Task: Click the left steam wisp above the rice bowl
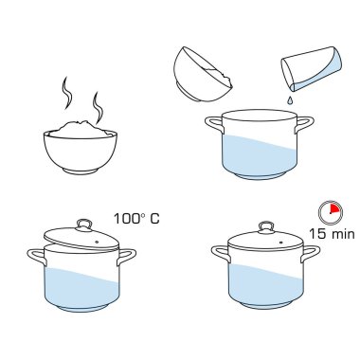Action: [x=66, y=93]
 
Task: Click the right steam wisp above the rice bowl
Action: [x=98, y=107]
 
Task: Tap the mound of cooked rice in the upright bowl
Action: [x=80, y=130]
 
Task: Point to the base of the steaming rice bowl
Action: [x=80, y=171]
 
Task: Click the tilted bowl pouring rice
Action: [x=202, y=75]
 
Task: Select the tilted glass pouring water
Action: [x=312, y=69]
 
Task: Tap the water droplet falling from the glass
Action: [x=289, y=100]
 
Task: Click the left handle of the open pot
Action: [x=213, y=125]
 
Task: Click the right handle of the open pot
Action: [x=304, y=124]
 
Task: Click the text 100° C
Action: [x=136, y=219]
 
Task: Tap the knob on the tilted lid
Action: [x=84, y=225]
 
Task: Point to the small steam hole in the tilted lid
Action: [x=97, y=243]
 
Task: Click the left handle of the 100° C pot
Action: [x=37, y=257]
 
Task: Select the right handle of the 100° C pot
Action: [x=126, y=257]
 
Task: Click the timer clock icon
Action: [x=331, y=212]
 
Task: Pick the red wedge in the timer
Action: [x=335, y=208]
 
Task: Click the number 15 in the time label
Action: [x=316, y=234]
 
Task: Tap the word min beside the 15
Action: [x=343, y=235]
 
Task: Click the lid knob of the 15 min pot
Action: [x=266, y=227]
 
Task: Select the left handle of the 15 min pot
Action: [x=220, y=254]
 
